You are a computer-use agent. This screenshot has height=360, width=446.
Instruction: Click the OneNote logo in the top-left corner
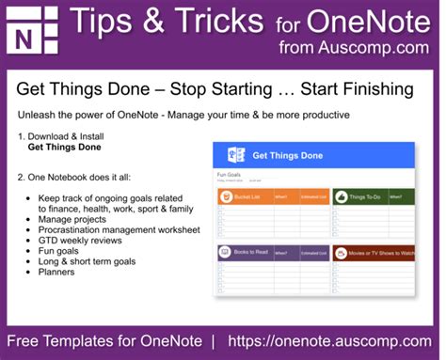32,32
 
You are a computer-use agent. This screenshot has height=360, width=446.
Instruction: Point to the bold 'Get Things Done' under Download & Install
64,148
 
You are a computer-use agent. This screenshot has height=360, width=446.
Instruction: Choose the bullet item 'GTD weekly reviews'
84,240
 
